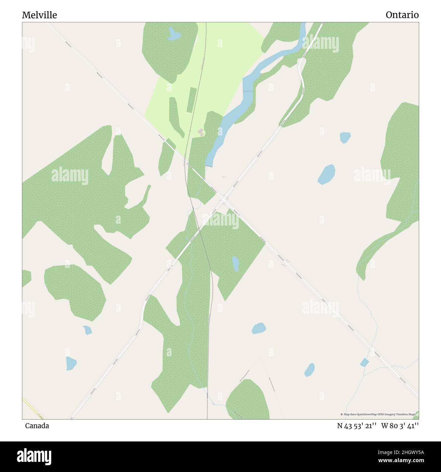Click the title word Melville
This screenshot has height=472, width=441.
[39, 15]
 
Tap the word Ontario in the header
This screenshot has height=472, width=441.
[402, 15]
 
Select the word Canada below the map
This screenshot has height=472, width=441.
[37, 426]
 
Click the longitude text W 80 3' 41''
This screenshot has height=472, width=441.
[400, 426]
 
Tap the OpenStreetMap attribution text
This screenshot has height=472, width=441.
[378, 414]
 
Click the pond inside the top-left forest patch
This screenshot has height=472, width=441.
[174, 34]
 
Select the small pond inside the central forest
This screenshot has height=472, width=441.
[235, 264]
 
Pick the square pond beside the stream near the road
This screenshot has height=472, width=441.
[365, 362]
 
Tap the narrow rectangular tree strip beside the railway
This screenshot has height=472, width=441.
[192, 100]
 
